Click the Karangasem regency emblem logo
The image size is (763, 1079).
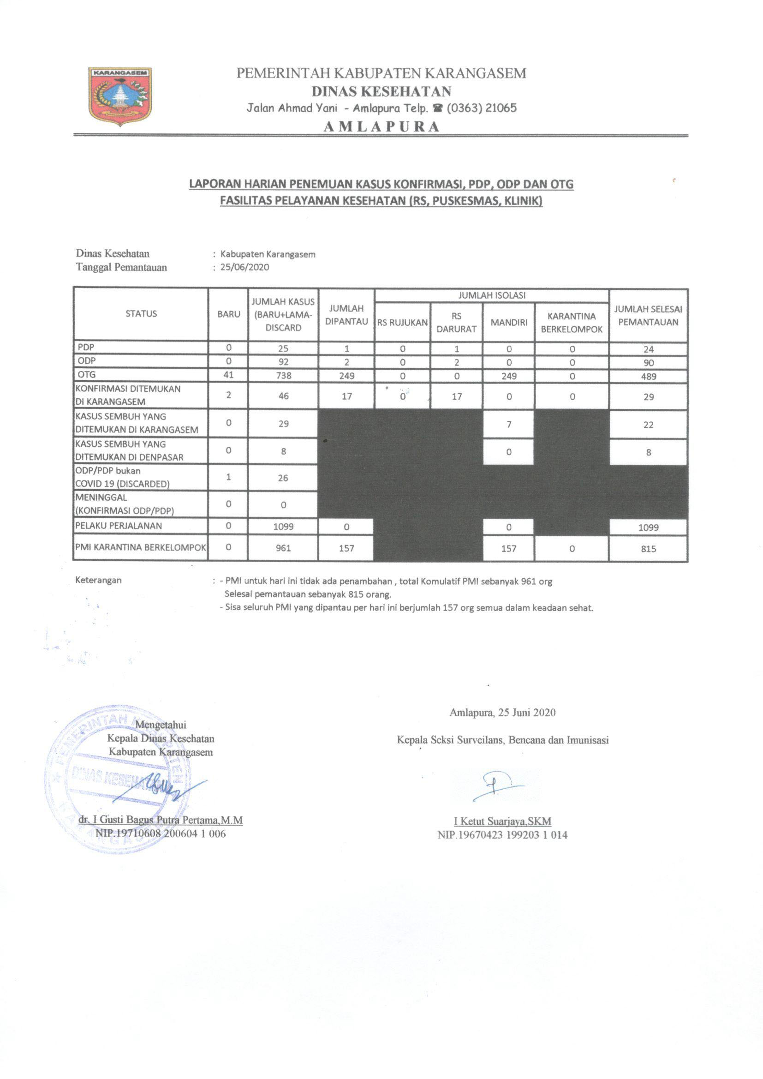tap(120, 96)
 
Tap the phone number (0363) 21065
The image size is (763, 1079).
tap(482, 108)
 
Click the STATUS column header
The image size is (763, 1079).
tap(141, 314)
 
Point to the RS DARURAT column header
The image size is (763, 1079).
tap(456, 323)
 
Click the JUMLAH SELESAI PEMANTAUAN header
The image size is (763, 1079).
tap(648, 315)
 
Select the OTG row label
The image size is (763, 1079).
tap(87, 375)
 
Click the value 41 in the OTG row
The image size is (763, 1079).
tap(228, 375)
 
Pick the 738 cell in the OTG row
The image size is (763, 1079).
tap(283, 376)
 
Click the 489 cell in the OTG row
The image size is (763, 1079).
tap(648, 377)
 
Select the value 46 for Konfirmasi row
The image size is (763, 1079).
tap(283, 396)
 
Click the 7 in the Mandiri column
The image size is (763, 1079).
tap(509, 425)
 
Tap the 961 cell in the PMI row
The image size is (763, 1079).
tap(283, 548)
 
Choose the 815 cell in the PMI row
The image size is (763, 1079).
tap(648, 548)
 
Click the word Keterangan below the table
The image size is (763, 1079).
tap(98, 580)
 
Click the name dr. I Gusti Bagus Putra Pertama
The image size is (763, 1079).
tap(160, 820)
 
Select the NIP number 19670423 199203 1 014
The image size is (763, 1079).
tap(502, 835)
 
